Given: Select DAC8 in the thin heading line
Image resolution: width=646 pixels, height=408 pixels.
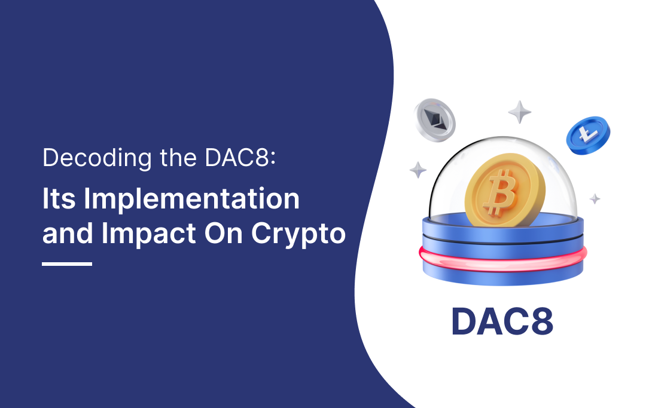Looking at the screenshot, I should (234, 158).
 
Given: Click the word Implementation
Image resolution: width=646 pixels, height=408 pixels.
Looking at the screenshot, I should (191, 200).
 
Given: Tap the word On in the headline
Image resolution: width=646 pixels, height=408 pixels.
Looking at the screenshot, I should (226, 233).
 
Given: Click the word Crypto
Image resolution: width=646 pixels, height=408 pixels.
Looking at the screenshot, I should (298, 234).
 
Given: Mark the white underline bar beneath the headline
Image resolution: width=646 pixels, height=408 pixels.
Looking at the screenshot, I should (67, 263).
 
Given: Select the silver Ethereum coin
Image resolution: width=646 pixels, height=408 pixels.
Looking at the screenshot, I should (434, 120).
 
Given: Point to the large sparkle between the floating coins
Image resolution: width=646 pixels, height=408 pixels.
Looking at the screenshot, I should (520, 112).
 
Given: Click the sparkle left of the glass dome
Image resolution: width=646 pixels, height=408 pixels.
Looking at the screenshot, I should (418, 169).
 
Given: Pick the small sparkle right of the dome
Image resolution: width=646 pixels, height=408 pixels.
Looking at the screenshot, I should (595, 198).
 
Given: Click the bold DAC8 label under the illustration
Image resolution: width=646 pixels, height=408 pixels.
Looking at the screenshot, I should (502, 322).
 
